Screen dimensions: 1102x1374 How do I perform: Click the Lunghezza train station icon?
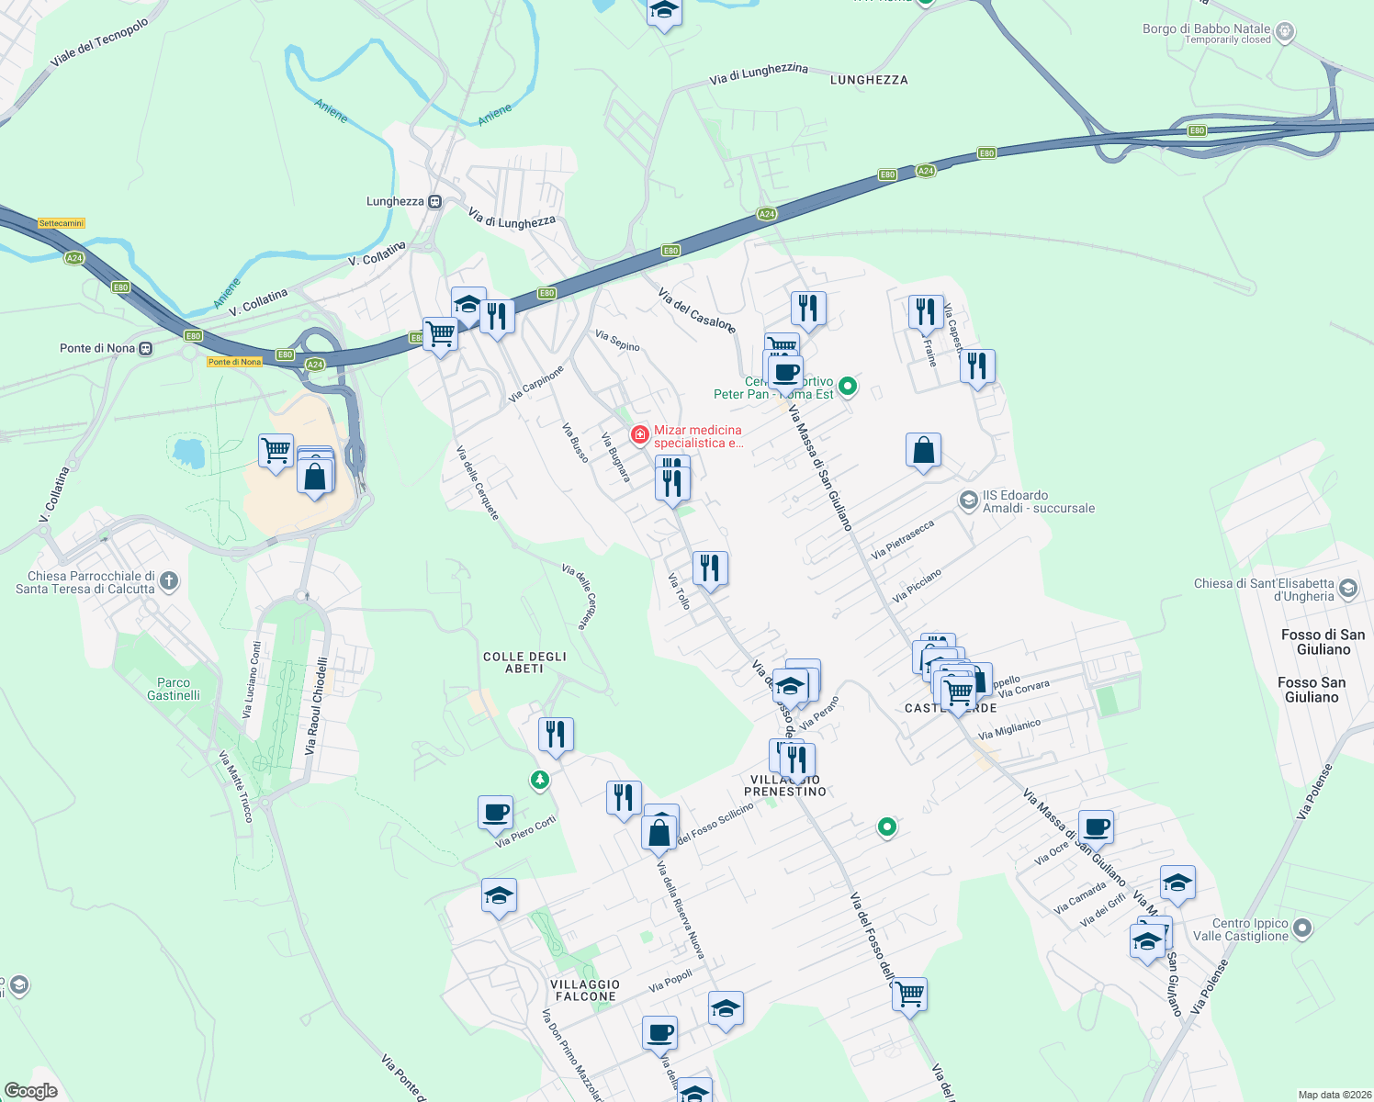point(435,202)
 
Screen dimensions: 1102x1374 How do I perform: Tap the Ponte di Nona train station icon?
point(145,349)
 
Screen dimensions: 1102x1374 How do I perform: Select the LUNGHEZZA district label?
point(868,80)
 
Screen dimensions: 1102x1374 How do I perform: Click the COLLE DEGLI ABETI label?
point(524,662)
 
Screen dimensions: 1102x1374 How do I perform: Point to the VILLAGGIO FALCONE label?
point(586,990)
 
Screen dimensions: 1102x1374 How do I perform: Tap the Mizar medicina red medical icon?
point(639,433)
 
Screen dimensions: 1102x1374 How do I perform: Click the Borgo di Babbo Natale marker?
point(1285,31)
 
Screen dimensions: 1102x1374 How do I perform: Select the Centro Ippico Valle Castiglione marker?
point(1302,929)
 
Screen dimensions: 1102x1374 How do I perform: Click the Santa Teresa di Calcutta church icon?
point(168,580)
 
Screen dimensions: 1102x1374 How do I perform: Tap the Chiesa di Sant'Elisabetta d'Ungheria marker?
point(1347,588)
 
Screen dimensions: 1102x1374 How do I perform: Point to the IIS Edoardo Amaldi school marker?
point(968,500)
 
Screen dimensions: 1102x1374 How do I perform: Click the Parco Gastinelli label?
point(174,689)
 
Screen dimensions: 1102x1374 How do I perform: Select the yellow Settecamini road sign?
point(62,223)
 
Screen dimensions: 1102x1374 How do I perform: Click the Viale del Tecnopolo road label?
point(99,43)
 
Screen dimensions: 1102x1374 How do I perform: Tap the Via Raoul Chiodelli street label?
point(316,706)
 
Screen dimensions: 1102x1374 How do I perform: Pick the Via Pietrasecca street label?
point(902,539)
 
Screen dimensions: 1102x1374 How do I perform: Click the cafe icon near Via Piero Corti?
point(495,812)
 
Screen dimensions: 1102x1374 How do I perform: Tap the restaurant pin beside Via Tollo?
point(709,568)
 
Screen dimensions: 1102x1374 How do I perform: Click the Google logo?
point(30,1090)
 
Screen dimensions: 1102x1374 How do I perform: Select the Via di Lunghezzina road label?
point(759,73)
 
